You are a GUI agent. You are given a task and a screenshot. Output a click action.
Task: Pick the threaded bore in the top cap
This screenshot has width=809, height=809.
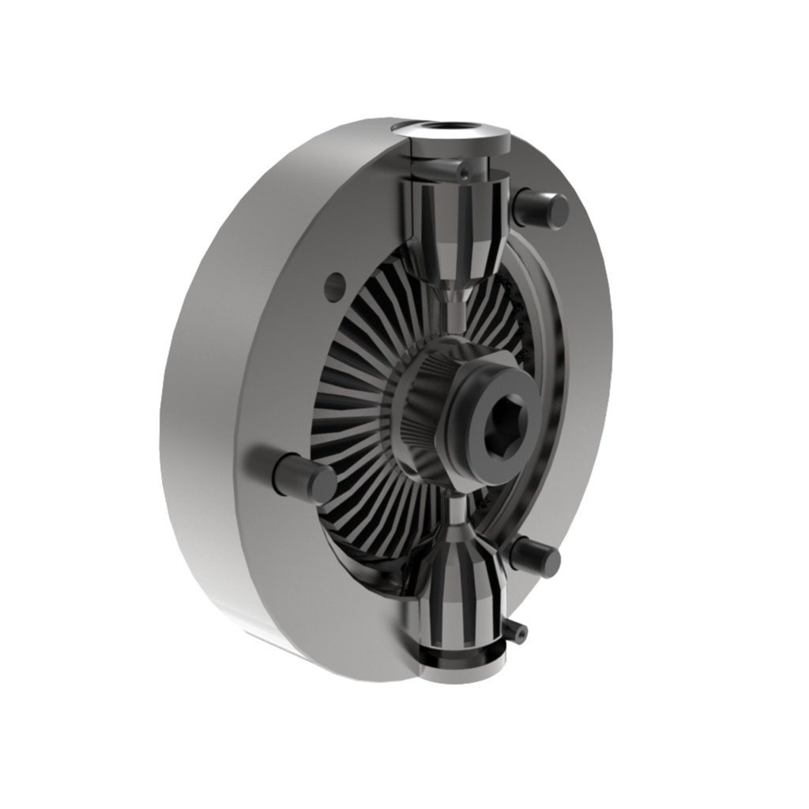[x=458, y=127]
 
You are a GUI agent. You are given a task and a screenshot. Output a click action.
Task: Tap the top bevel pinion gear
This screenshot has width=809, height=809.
[x=455, y=229]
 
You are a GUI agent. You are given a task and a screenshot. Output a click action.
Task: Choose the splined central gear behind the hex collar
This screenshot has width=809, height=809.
[x=423, y=411]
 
